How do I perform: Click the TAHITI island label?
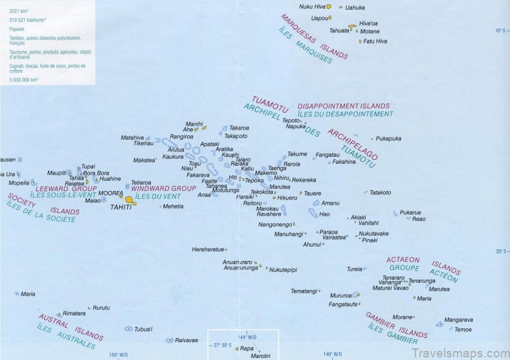pos(121,207)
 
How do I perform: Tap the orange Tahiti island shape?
pos(130,200)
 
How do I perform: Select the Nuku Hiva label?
pos(312,6)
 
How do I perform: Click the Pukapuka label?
pos(388,139)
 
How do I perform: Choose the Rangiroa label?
pos(181,137)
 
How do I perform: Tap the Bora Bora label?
pos(96,173)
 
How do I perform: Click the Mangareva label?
pos(459,319)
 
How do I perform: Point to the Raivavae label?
pos(186,339)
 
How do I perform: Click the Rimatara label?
pos(74,313)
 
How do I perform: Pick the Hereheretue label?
pos(208,249)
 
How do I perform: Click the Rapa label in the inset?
pos(247,348)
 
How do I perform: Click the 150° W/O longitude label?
pos(118,354)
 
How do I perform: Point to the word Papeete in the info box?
pos(17,28)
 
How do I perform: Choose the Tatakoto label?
pos(380,192)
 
